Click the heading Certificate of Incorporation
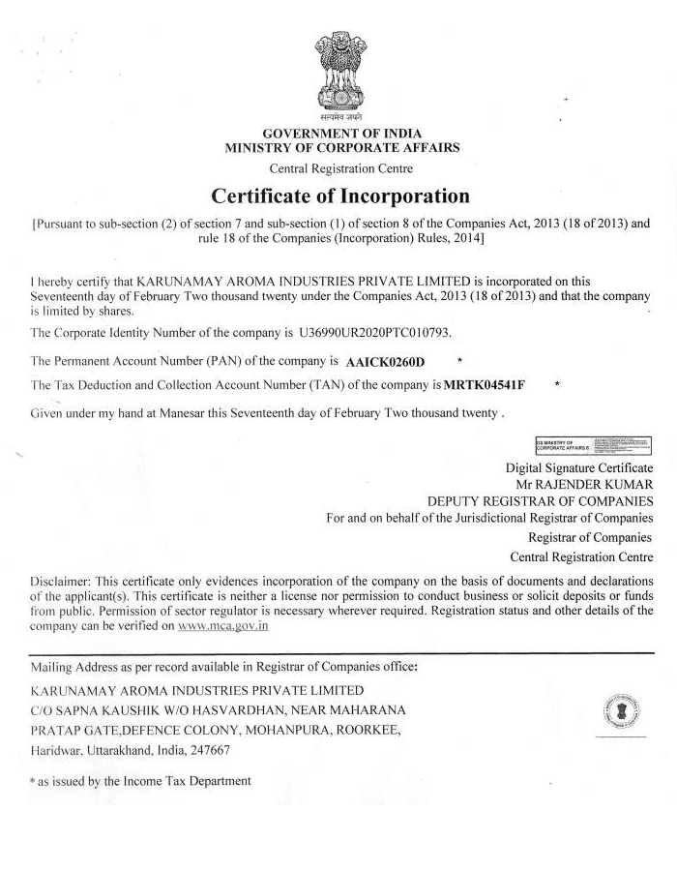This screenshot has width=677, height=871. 340,195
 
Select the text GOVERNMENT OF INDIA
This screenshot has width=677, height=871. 342,133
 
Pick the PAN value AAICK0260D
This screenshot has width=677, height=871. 385,362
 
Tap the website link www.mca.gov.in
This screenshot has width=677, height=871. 223,626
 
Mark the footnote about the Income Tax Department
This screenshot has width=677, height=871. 141,780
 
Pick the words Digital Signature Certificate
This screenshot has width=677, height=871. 579,466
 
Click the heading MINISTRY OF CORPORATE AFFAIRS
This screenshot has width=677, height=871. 342,148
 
